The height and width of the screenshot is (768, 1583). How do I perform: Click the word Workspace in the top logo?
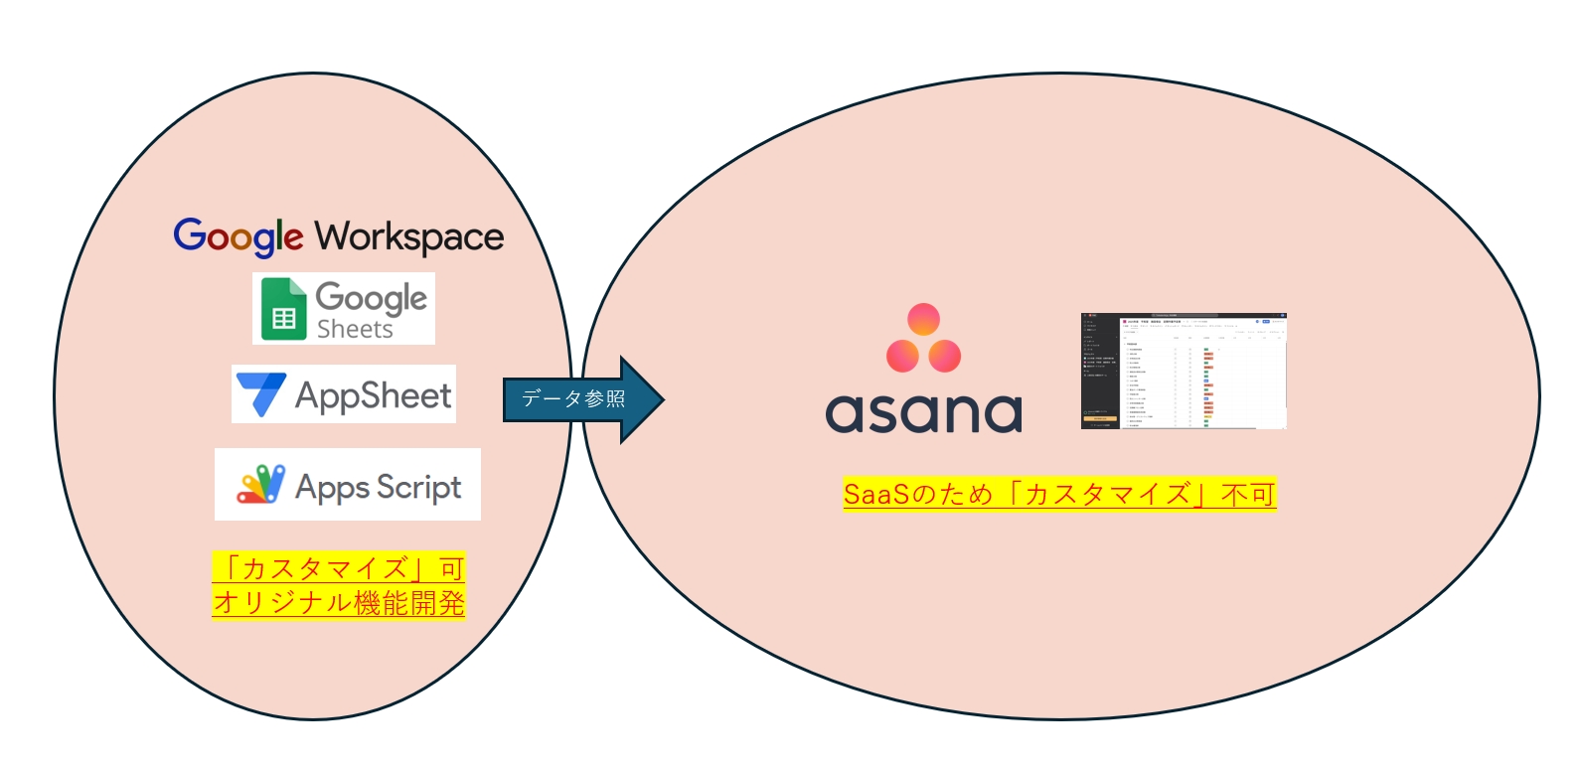409,237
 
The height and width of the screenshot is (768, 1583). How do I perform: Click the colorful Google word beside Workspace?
238,236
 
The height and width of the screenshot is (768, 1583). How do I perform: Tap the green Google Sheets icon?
283,309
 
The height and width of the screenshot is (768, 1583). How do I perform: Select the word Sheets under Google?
355,329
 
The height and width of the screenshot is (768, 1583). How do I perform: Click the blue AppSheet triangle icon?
261,393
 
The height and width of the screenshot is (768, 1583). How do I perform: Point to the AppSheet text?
374,395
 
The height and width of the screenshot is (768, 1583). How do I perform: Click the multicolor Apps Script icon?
260,485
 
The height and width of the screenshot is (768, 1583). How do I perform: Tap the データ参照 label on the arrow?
573,399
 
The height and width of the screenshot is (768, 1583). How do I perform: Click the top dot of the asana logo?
923,320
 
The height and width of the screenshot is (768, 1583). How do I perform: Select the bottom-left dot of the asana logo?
902,356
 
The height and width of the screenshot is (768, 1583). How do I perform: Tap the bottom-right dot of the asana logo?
944,356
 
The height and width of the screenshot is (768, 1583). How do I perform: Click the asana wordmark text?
923,412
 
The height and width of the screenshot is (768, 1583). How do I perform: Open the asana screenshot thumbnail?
1184,372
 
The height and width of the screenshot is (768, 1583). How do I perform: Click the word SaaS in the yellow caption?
875,494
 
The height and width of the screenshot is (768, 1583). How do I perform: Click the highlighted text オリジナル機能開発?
338,602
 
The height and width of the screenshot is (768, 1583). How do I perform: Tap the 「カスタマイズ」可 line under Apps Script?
338,568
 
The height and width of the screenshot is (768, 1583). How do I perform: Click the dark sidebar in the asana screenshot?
1100,372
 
